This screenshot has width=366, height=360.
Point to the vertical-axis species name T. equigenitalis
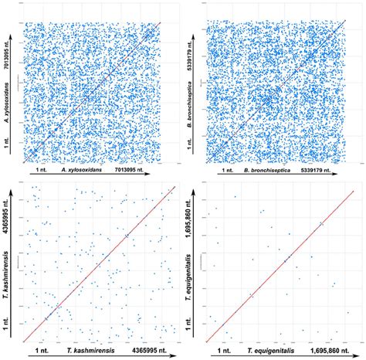click(196, 255)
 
